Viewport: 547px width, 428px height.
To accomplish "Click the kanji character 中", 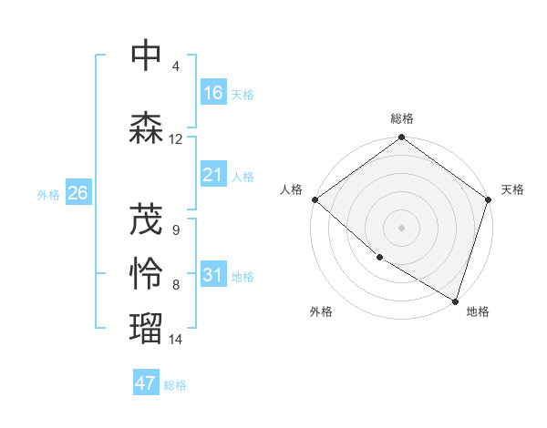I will [147, 56].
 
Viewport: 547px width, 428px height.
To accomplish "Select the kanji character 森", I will [147, 128].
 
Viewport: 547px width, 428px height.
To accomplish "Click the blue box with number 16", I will [213, 93].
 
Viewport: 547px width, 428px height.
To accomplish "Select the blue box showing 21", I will [213, 175].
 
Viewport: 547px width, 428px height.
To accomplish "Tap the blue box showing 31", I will [213, 275].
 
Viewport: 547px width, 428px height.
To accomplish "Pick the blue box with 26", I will [77, 193].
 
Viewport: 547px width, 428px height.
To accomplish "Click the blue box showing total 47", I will [146, 383].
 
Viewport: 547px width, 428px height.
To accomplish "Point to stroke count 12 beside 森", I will [176, 139].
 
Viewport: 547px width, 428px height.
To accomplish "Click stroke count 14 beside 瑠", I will [176, 340].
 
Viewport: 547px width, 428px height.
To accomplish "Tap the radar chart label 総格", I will [402, 118].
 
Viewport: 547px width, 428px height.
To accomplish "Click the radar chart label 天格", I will [512, 189].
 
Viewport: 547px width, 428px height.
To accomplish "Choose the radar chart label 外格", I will [321, 311].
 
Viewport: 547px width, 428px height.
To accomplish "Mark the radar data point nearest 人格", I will [315, 199].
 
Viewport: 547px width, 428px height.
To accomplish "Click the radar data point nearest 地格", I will [455, 301].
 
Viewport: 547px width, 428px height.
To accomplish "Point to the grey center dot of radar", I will [401, 227].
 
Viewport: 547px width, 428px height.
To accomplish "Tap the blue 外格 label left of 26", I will [48, 194].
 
